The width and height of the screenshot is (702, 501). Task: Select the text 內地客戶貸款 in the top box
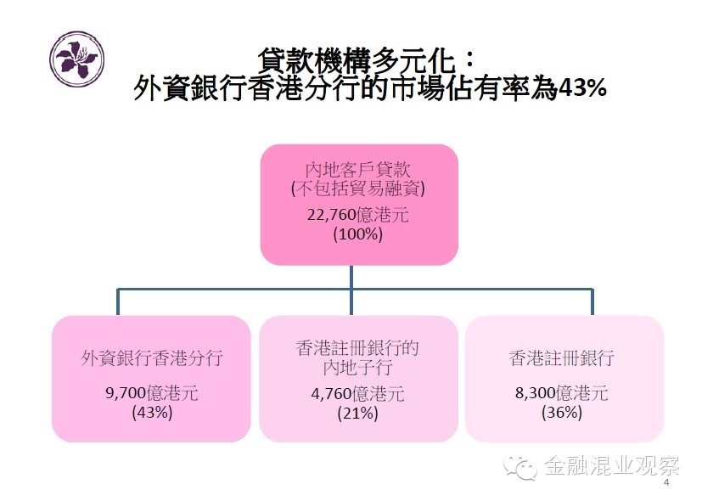pos(357,168)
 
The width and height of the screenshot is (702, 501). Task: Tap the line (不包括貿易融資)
pos(357,188)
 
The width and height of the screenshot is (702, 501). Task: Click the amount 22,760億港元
pos(357,214)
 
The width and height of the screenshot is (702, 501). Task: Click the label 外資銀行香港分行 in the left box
pos(152,357)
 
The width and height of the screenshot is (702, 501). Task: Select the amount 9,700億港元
pos(152,393)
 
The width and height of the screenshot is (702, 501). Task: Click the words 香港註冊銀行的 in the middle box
pos(357,348)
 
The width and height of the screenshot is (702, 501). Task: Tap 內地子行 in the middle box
pos(357,367)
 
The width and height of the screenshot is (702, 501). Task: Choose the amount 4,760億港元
pos(357,394)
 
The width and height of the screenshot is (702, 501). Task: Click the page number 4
pos(666,482)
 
